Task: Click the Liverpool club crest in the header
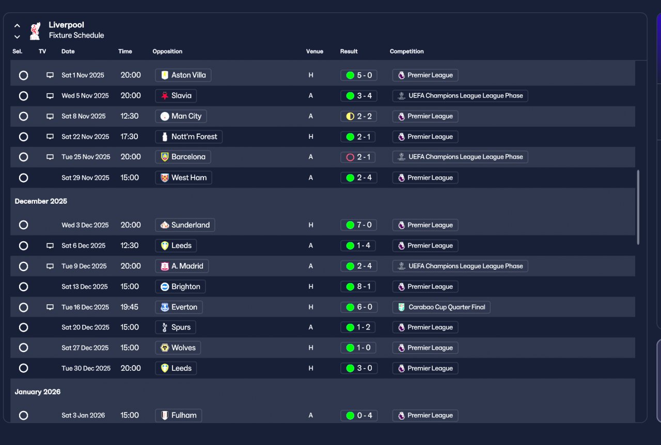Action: point(35,30)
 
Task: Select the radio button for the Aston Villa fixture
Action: point(24,75)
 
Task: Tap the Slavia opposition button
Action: point(176,96)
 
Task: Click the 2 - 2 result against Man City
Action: point(358,117)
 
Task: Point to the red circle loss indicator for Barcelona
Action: point(350,157)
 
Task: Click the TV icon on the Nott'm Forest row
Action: point(50,137)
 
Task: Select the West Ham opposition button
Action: point(183,178)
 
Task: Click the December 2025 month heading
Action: point(41,201)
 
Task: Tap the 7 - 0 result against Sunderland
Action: point(358,225)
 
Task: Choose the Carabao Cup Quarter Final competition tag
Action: point(442,307)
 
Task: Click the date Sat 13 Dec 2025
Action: point(85,287)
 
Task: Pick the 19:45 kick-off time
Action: point(129,307)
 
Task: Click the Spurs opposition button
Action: point(176,327)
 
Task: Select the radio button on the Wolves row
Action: point(24,348)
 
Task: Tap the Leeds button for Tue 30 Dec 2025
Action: point(176,368)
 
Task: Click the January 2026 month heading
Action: point(38,392)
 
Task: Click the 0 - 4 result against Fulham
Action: point(359,416)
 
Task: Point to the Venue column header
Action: point(314,51)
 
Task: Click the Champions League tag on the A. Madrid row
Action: point(460,266)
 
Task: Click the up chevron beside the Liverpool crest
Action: point(17,26)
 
